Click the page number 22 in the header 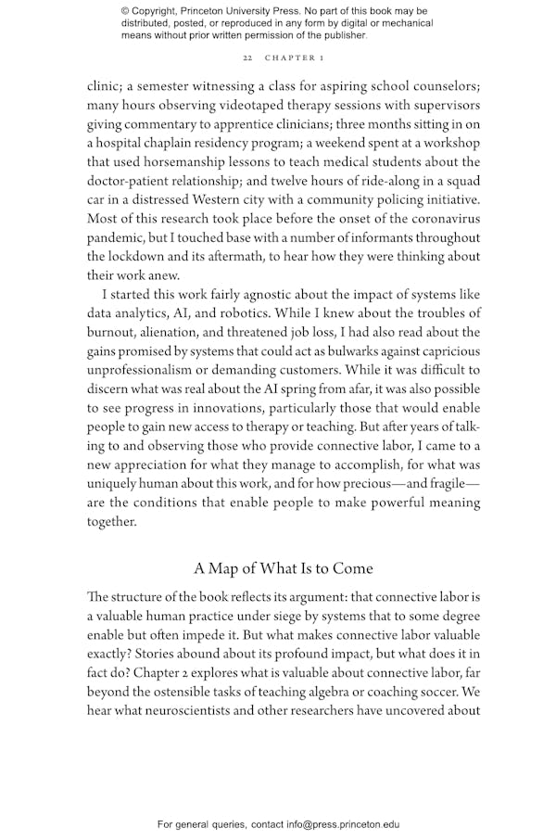[247, 57]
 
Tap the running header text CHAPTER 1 [294, 57]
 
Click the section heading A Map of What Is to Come [284, 567]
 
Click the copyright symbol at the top [125, 11]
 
